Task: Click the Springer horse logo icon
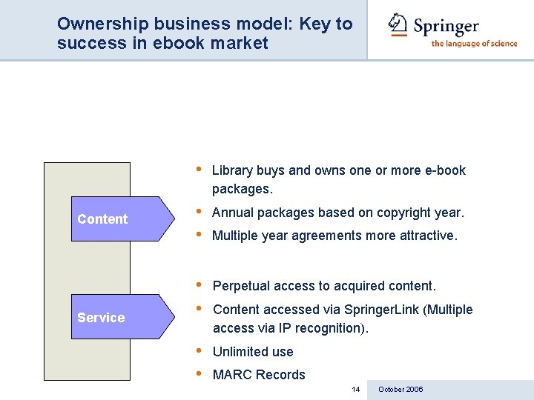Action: click(398, 24)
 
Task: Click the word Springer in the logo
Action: click(446, 27)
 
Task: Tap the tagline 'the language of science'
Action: click(474, 43)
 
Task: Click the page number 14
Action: click(356, 390)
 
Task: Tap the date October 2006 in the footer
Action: click(400, 390)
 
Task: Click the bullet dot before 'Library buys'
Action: click(199, 168)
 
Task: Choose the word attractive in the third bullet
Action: click(426, 236)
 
